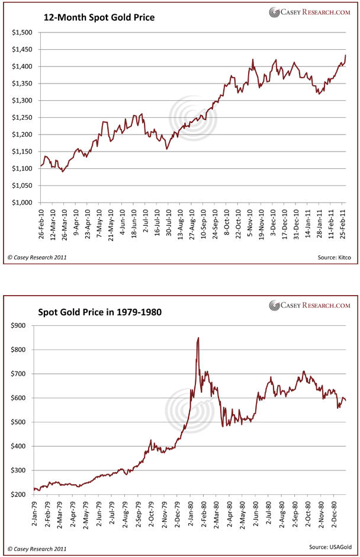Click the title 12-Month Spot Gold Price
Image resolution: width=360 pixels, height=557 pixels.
pyautogui.click(x=99, y=18)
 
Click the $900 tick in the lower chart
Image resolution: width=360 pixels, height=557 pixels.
pyautogui.click(x=22, y=325)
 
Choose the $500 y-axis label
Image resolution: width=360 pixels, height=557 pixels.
pyautogui.click(x=22, y=422)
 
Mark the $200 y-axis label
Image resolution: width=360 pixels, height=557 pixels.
pyautogui.click(x=22, y=494)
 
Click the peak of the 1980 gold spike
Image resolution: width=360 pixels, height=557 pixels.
pyautogui.click(x=198, y=338)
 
